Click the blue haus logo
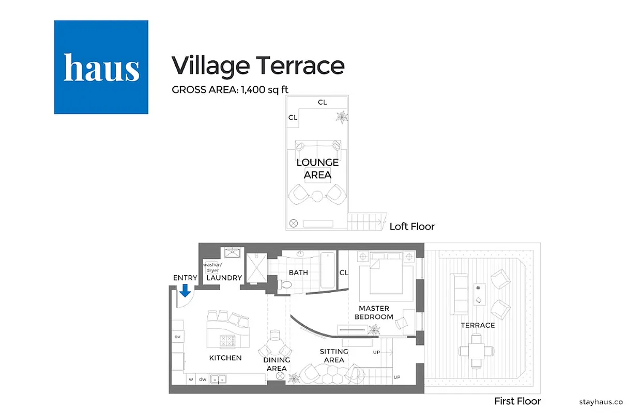101,67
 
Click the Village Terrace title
257,66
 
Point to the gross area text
230,89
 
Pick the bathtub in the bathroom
327,269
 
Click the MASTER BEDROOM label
376,312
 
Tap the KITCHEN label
225,357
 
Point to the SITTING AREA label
334,356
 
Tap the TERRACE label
478,325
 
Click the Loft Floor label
412,226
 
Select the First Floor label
517,401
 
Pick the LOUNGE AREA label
317,169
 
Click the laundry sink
232,253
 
